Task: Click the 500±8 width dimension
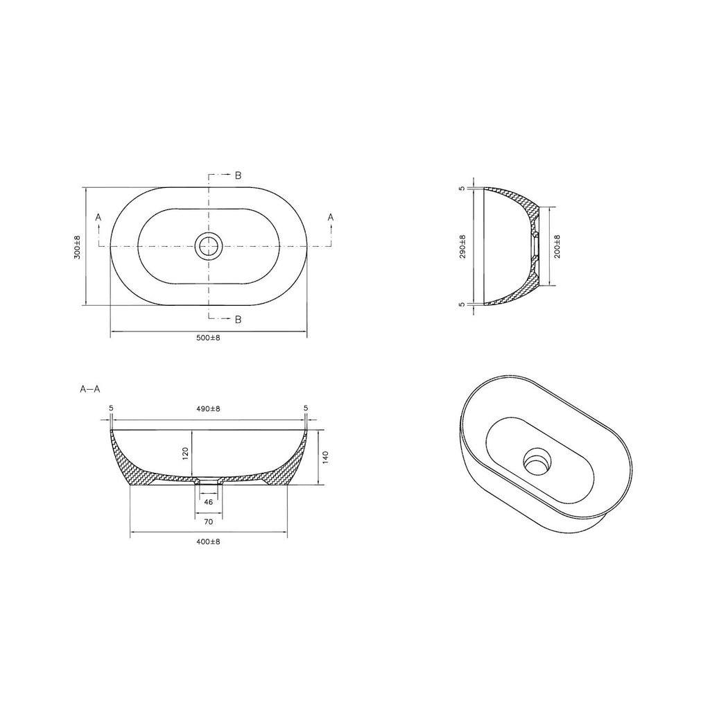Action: [208, 338]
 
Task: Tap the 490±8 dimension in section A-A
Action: [208, 409]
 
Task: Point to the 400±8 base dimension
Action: [208, 542]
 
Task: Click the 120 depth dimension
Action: [185, 454]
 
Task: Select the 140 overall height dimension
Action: [325, 458]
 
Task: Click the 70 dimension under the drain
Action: [208, 521]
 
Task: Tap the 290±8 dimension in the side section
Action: [462, 246]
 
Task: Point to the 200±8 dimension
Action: [557, 246]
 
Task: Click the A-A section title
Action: [90, 389]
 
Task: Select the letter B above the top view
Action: [238, 175]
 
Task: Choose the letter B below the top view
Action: [238, 320]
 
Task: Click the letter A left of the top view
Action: [98, 218]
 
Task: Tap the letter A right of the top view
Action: [331, 218]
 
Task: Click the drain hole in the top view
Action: [208, 245]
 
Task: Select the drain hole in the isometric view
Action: [536, 458]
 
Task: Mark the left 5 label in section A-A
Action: [111, 409]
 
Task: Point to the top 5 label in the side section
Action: [462, 188]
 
